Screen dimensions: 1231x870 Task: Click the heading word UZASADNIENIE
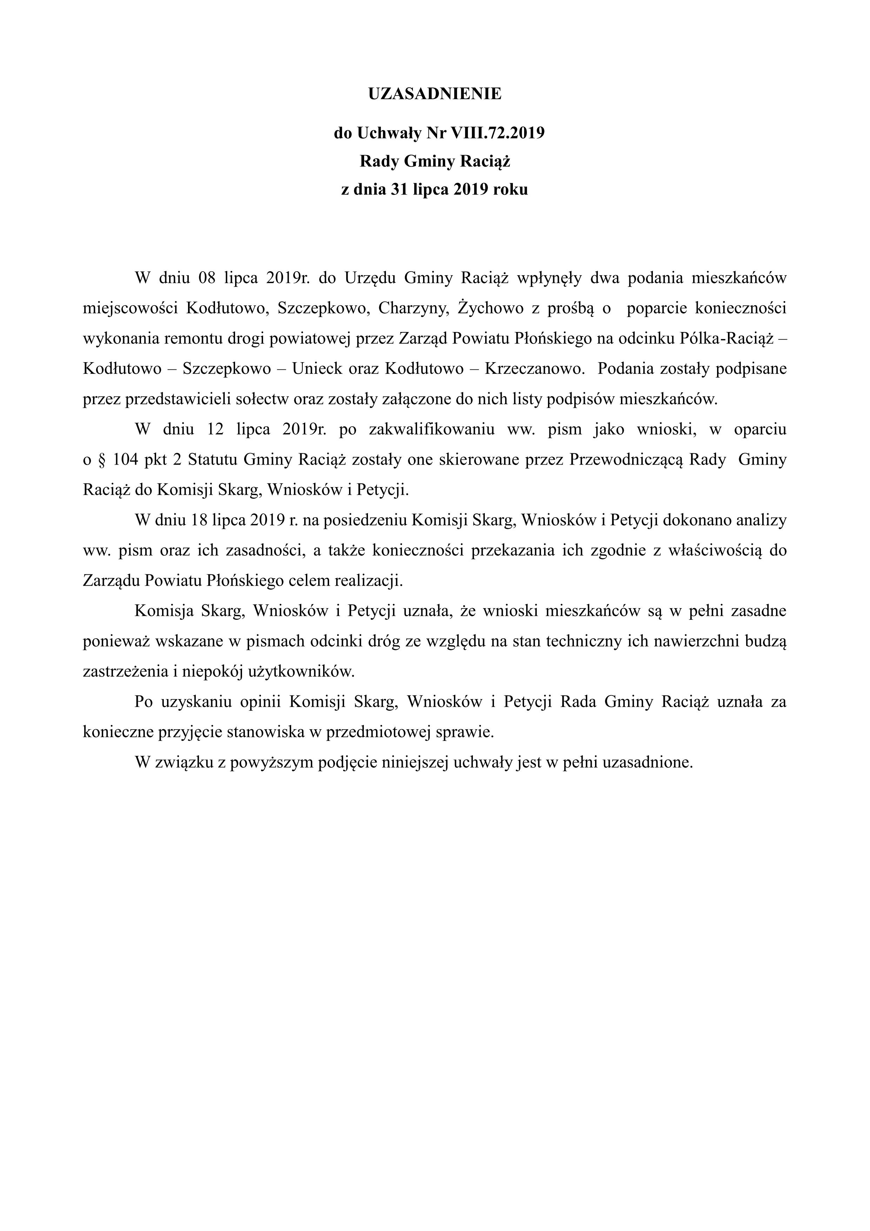(x=435, y=94)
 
